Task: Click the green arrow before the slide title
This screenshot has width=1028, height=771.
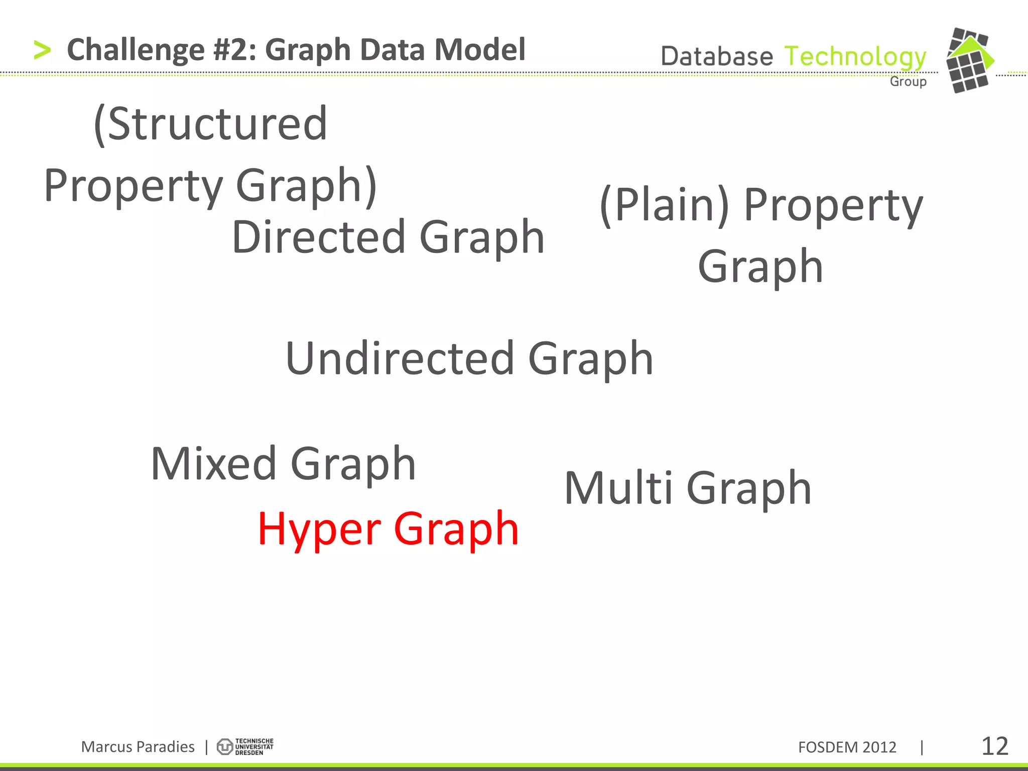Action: [42, 50]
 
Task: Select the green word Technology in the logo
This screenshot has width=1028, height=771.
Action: [855, 57]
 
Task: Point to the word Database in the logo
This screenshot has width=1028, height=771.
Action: [717, 56]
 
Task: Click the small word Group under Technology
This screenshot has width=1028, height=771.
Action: [908, 81]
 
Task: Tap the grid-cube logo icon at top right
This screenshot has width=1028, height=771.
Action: [969, 60]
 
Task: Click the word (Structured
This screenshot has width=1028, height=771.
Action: [211, 124]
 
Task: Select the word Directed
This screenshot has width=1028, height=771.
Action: [318, 237]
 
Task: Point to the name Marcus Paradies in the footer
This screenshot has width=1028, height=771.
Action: [138, 747]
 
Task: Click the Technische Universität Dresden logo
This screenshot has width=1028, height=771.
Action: [245, 747]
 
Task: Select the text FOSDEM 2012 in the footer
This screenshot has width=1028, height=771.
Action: [847, 747]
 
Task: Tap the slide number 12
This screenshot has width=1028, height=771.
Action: [994, 746]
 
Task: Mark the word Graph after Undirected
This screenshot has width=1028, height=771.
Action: [591, 358]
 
